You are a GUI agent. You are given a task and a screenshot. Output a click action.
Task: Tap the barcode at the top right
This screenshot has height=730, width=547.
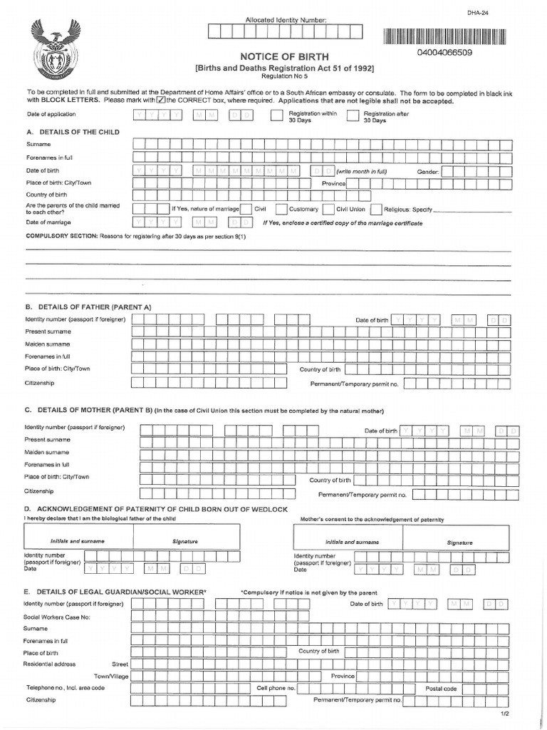point(444,37)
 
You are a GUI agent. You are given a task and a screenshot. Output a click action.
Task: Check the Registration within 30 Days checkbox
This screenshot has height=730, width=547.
point(276,117)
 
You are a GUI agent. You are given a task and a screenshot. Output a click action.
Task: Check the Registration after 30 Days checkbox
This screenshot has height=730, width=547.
point(352,117)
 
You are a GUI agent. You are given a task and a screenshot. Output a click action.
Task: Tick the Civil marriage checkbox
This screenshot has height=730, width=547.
point(245,210)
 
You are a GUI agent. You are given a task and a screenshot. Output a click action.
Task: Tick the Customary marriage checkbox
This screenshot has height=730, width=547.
point(281,210)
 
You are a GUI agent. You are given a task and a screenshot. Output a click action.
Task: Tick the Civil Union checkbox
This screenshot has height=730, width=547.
point(328,210)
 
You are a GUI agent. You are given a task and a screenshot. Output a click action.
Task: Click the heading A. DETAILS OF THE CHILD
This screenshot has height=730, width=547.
point(73,132)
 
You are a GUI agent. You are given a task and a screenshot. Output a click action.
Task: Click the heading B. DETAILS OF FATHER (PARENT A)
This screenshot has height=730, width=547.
point(88,307)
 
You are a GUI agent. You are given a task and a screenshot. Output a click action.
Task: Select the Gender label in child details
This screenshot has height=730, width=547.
point(429,172)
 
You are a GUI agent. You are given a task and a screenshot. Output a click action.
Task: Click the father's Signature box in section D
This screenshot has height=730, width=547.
point(185,542)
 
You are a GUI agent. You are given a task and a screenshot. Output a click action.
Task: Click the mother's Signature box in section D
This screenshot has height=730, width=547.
point(459,542)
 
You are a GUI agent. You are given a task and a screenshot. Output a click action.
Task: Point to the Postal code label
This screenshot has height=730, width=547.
point(441,689)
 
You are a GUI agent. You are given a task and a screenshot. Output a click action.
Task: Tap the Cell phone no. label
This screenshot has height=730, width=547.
point(276,689)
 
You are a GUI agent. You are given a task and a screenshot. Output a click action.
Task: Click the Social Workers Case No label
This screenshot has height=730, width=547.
point(57,616)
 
